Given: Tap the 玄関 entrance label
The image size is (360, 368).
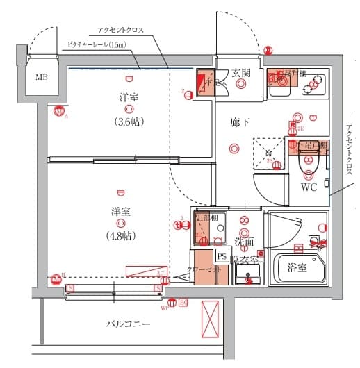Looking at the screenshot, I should (x=241, y=72).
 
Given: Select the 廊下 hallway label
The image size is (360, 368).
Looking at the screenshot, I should (x=240, y=122).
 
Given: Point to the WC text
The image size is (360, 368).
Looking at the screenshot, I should (x=309, y=187).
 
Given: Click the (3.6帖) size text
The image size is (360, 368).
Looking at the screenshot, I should (x=128, y=121).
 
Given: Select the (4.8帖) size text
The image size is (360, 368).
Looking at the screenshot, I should (x=121, y=235).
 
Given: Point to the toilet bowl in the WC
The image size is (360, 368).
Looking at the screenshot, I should (x=306, y=163).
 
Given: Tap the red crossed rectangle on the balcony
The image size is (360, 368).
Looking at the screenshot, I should (x=210, y=318).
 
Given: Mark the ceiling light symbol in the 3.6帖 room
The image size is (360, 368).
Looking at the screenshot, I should (x=129, y=109).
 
